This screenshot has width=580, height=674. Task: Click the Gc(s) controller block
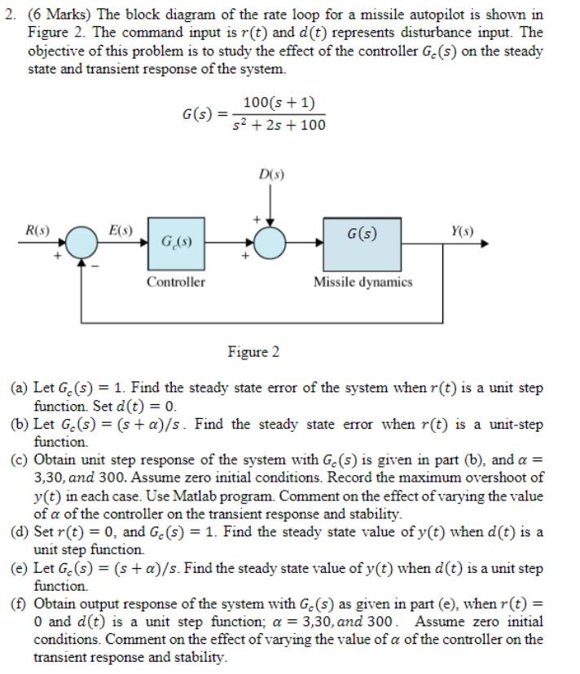click(x=176, y=243)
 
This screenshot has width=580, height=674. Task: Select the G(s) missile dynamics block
click(x=362, y=243)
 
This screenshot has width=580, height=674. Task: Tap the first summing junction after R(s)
click(x=81, y=243)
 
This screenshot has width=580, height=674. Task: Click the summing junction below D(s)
click(x=270, y=243)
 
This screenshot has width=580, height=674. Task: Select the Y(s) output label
click(x=462, y=230)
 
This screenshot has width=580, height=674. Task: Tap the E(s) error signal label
click(x=123, y=230)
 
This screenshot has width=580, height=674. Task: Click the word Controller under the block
click(x=176, y=282)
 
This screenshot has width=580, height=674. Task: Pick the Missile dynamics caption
click(x=363, y=282)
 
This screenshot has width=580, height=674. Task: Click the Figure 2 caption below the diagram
click(x=253, y=352)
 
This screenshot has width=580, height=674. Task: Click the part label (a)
click(x=20, y=389)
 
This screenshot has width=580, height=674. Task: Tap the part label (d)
click(x=20, y=532)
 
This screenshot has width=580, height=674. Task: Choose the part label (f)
click(x=20, y=604)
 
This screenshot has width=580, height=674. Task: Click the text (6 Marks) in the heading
click(x=64, y=15)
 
